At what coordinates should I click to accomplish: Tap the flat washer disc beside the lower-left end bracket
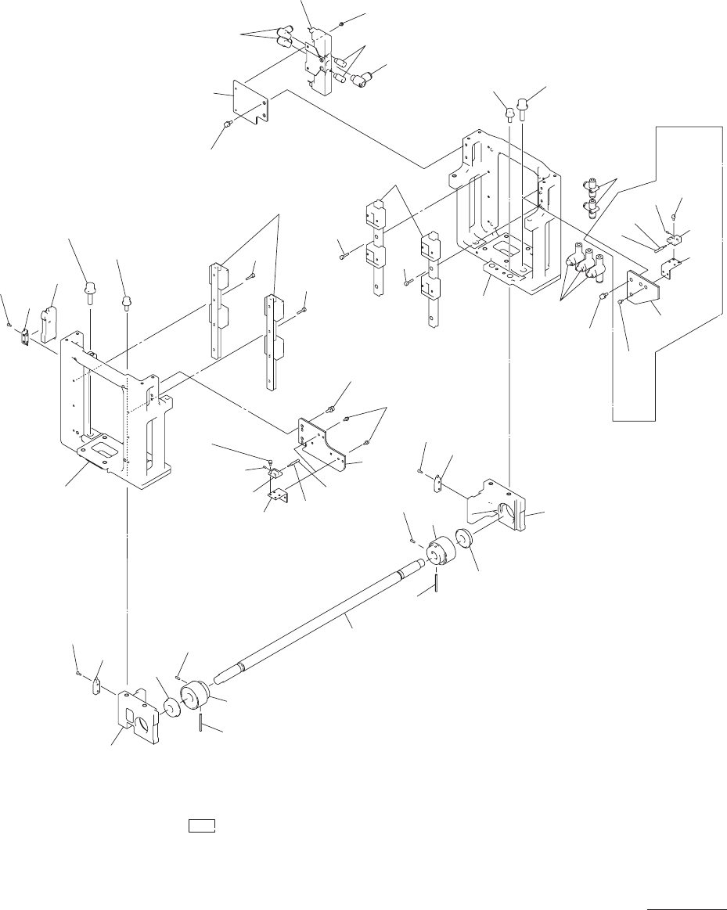point(171,707)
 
